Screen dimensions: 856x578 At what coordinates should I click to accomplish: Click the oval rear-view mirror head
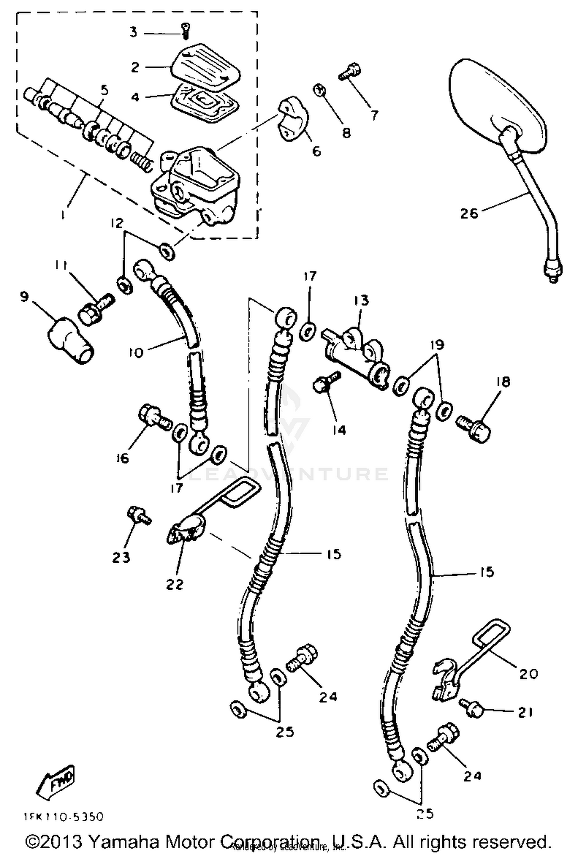[497, 108]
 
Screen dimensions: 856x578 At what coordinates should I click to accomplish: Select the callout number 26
[469, 213]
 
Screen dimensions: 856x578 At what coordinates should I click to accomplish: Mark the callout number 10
[136, 352]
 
